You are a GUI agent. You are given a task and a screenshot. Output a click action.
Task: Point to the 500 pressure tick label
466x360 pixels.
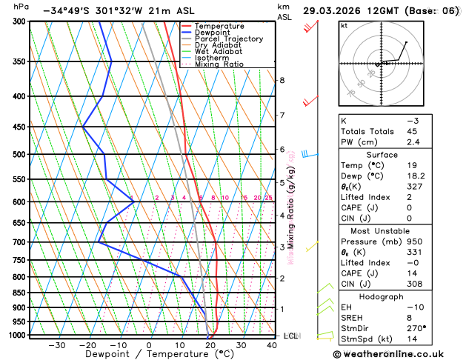coord(19,154)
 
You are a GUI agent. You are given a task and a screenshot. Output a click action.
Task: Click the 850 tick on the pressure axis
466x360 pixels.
coord(19,293)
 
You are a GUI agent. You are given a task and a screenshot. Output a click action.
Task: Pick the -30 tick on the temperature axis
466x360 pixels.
coord(56,345)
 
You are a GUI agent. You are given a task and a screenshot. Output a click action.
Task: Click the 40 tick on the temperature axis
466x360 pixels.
coord(272,345)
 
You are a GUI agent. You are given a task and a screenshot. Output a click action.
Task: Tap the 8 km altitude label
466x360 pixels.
coord(282,80)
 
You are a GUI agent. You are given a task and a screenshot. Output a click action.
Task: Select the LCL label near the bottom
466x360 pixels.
coord(291,336)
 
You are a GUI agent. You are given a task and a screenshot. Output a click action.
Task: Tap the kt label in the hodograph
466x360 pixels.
coord(344,25)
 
